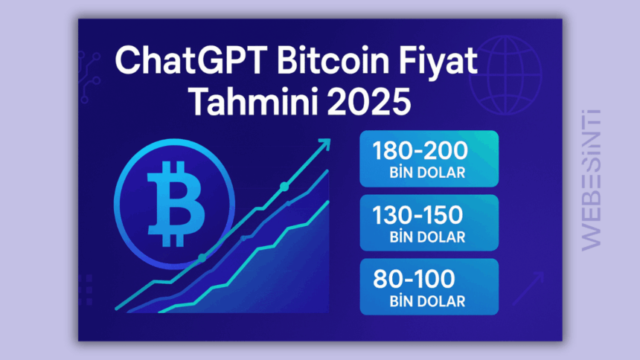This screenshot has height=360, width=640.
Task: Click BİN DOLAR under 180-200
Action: (427, 173)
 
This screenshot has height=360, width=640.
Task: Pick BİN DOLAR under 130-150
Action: (427, 237)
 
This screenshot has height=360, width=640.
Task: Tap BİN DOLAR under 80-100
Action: (427, 301)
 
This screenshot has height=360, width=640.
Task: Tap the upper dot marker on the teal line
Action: (284, 186)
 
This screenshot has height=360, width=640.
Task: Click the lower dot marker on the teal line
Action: (201, 258)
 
